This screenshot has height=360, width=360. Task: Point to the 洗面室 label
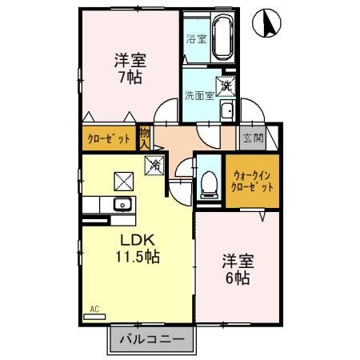point(198,95)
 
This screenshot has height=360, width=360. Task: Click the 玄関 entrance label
point(252,137)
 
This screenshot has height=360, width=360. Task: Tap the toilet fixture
point(209,183)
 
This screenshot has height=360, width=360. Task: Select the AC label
point(94,307)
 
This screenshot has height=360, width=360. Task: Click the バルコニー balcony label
point(151,340)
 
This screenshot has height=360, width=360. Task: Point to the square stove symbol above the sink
point(122,180)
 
